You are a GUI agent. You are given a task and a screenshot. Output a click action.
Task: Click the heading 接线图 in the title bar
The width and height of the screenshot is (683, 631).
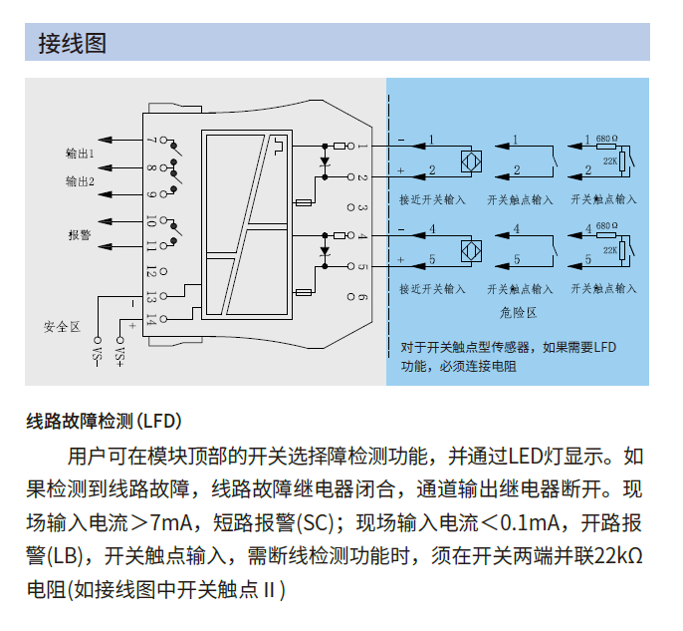[72, 43]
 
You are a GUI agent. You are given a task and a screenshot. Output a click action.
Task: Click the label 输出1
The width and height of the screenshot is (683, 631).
[80, 155]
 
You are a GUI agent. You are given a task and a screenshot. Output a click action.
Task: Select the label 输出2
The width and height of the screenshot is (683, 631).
[80, 182]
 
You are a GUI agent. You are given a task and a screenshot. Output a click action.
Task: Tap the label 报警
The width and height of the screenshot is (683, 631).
[80, 236]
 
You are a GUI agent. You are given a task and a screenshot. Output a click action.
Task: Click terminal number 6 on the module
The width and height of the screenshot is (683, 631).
[363, 297]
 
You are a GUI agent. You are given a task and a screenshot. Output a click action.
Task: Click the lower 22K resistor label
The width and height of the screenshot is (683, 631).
[608, 249]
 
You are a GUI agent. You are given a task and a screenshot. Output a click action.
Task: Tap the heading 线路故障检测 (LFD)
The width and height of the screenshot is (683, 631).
[104, 421]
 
